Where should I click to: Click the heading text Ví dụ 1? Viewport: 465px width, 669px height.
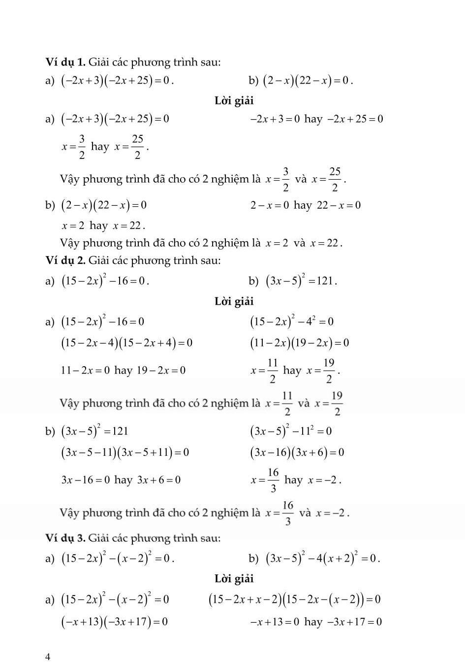point(65,62)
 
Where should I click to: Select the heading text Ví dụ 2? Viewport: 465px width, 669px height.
point(65,260)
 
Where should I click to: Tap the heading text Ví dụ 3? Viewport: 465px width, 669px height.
point(65,538)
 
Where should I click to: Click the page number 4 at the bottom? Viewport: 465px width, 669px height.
point(48,657)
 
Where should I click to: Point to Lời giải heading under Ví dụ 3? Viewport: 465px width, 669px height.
point(234,578)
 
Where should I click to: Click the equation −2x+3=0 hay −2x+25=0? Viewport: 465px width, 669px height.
point(316,119)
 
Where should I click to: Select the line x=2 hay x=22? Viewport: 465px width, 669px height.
point(103,226)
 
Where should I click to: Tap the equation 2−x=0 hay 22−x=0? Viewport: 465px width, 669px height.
point(305,205)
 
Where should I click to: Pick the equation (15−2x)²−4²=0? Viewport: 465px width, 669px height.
point(292,321)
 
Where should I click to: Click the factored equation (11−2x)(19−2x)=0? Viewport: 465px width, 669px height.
point(300,343)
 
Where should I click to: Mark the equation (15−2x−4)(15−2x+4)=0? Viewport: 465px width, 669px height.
point(126,343)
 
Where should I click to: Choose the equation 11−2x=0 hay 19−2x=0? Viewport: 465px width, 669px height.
point(123,370)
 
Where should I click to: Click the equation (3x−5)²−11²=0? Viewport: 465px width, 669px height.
point(291,431)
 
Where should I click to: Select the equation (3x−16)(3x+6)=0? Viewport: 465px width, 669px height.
point(297,452)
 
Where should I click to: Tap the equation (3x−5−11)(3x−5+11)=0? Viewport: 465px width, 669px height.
point(125,452)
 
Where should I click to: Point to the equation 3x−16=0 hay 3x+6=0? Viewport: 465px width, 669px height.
point(121,479)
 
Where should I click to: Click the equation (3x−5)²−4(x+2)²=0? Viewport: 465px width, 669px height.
point(323,558)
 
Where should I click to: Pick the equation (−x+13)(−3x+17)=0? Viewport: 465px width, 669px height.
point(114,622)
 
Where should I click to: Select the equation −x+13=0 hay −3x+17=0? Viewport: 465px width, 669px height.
point(316,622)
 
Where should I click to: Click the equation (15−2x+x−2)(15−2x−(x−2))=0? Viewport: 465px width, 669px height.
point(295,600)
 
